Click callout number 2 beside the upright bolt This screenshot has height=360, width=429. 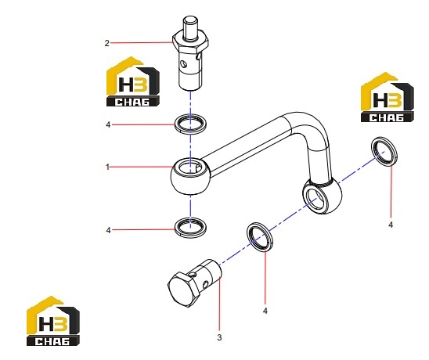tap(106, 43)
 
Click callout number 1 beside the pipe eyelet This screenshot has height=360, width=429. tap(107, 167)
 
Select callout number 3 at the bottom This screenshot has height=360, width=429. tap(219, 337)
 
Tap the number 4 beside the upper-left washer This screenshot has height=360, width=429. tap(108, 124)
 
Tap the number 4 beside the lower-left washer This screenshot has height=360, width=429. tap(108, 230)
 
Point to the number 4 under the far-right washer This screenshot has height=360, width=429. tap(391, 225)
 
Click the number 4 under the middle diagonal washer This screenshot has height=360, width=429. tap(265, 311)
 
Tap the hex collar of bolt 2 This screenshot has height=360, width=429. tap(191, 41)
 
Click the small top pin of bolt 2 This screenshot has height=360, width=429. tap(190, 27)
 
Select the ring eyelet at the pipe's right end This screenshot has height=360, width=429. tap(323, 196)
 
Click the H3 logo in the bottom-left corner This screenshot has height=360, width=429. tap(53, 321)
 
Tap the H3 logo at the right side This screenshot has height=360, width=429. tap(388, 97)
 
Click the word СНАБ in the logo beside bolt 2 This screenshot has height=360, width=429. tap(132, 102)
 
